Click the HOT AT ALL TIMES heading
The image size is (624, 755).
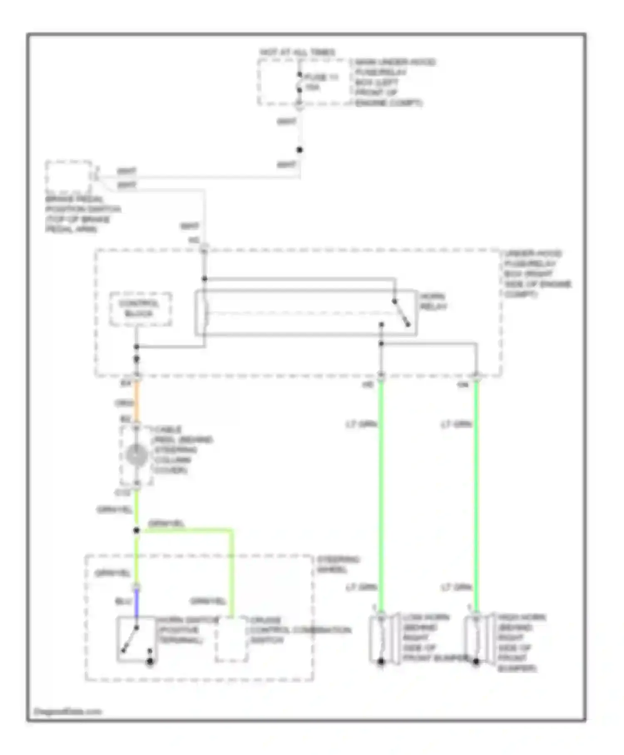pos(297,52)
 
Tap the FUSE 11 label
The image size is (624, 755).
pos(321,77)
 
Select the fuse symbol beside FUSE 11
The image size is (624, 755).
pos(299,83)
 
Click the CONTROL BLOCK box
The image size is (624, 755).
pos(140,309)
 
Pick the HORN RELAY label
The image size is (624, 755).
pos(433,302)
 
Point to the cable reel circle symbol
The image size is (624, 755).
pos(136,455)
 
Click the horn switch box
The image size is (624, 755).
pos(136,639)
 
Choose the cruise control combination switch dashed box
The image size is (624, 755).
pos(231,639)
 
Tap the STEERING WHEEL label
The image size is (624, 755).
pos(338,564)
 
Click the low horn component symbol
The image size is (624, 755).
pos(381,639)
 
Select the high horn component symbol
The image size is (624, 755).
pos(476,639)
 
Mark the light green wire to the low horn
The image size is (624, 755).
pos(381,499)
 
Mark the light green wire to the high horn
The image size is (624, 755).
pos(476,499)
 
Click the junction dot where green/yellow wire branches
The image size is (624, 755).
pos(136,530)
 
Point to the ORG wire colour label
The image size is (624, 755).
pos(124,403)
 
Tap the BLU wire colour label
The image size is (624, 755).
pos(123,602)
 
